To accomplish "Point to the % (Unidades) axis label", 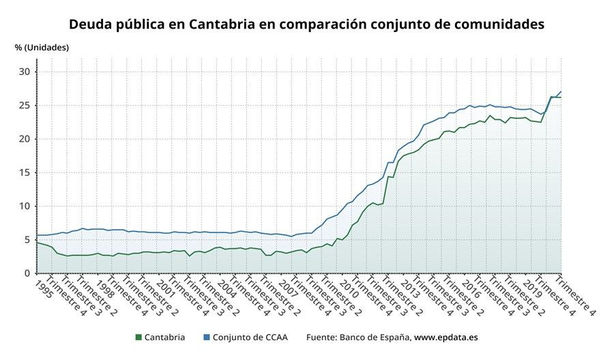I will [x=42, y=48].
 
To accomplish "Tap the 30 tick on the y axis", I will [x=25, y=72].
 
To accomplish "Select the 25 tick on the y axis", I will [x=25, y=106].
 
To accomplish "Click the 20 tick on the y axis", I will [x=25, y=139].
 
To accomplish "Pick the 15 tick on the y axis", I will [x=25, y=172].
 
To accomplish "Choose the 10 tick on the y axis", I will [x=25, y=206].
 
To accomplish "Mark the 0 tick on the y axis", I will [x=27, y=273].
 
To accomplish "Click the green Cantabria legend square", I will [x=138, y=337].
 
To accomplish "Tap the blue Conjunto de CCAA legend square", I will [x=206, y=337].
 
